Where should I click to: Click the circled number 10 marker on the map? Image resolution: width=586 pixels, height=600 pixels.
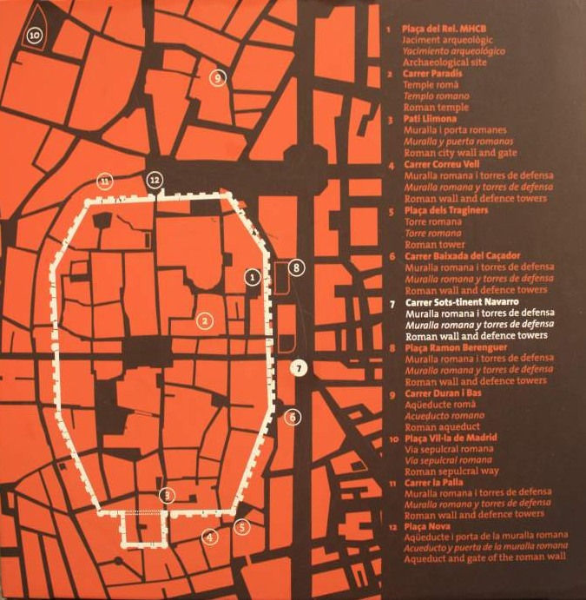coord(34,36)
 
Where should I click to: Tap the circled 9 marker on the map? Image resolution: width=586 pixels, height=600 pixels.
coord(217,78)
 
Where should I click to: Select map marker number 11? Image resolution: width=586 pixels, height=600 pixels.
coord(105,181)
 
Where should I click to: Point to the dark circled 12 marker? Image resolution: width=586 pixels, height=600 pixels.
coord(155,180)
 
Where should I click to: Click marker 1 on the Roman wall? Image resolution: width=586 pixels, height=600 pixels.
coord(252,277)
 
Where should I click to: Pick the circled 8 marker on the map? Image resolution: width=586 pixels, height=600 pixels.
coord(297,267)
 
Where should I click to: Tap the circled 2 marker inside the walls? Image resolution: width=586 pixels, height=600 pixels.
coord(205,321)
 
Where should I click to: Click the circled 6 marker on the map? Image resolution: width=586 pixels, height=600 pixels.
coord(293,418)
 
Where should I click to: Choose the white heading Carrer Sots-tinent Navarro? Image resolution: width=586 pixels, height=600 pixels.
coord(466,303)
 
